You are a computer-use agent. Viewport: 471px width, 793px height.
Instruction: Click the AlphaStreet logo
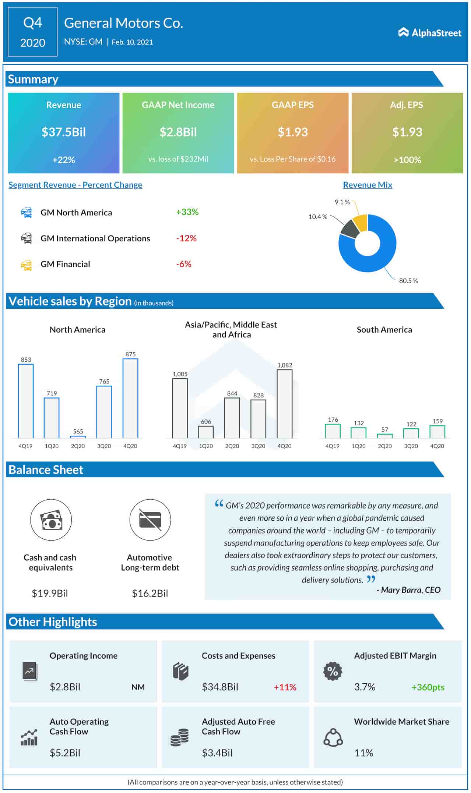429,33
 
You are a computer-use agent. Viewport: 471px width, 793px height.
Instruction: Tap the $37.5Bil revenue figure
63,132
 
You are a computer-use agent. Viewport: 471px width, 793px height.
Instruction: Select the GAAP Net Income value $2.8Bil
178,132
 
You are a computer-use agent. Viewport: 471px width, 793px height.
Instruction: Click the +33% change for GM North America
187,212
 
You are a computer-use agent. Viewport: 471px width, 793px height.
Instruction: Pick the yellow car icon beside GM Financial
26,265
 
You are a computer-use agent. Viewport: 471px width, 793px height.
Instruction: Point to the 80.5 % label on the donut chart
408,281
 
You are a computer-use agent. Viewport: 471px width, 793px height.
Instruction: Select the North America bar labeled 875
130,398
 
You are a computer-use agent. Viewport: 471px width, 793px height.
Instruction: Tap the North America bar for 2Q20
78,437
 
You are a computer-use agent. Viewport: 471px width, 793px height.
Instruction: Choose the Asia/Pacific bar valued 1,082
284,404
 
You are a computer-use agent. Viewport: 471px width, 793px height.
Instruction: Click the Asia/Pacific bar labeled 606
206,432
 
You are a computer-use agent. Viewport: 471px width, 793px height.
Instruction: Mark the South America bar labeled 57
384,436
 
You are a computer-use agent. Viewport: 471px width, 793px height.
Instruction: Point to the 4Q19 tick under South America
332,446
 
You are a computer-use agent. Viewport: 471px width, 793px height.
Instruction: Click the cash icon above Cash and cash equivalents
51,520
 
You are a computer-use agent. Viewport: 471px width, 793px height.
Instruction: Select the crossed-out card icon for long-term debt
150,520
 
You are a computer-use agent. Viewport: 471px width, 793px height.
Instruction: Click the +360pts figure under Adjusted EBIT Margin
428,687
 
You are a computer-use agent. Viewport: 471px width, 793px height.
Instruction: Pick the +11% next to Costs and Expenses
285,687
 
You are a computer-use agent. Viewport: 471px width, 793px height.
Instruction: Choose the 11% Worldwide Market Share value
363,753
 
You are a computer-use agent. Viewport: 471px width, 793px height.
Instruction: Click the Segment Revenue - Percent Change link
75,185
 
